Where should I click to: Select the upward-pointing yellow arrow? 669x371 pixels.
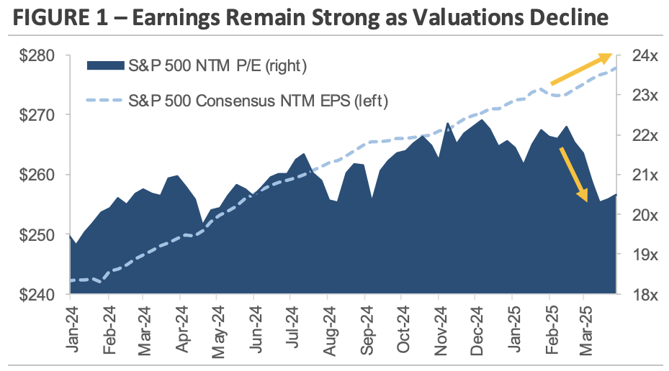coord(581,69)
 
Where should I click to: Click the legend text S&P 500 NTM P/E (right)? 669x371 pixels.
coord(217,67)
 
